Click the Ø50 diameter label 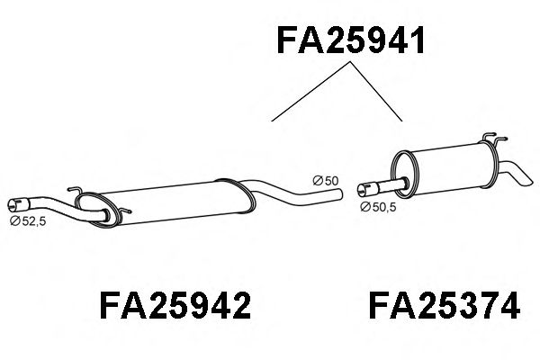325,181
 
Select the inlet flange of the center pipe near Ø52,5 16,203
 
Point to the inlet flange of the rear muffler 364,189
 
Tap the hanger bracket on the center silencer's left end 79,193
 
